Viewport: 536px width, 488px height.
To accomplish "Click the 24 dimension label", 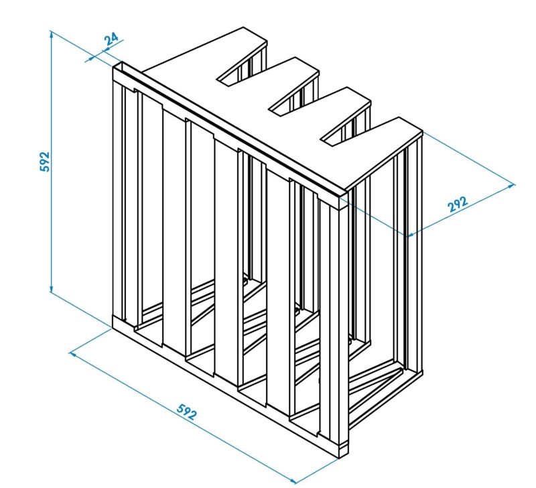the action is pos(111,39).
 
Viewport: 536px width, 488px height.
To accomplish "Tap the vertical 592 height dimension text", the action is pos(44,162).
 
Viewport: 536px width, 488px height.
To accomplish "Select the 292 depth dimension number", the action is pos(458,204).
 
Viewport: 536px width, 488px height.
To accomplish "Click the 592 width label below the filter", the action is pos(187,412).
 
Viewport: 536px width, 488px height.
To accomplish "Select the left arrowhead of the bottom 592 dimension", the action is pos(73,354).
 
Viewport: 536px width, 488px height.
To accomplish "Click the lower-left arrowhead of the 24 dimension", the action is pos(90,58).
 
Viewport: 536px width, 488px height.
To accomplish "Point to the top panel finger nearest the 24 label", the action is pos(205,55).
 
